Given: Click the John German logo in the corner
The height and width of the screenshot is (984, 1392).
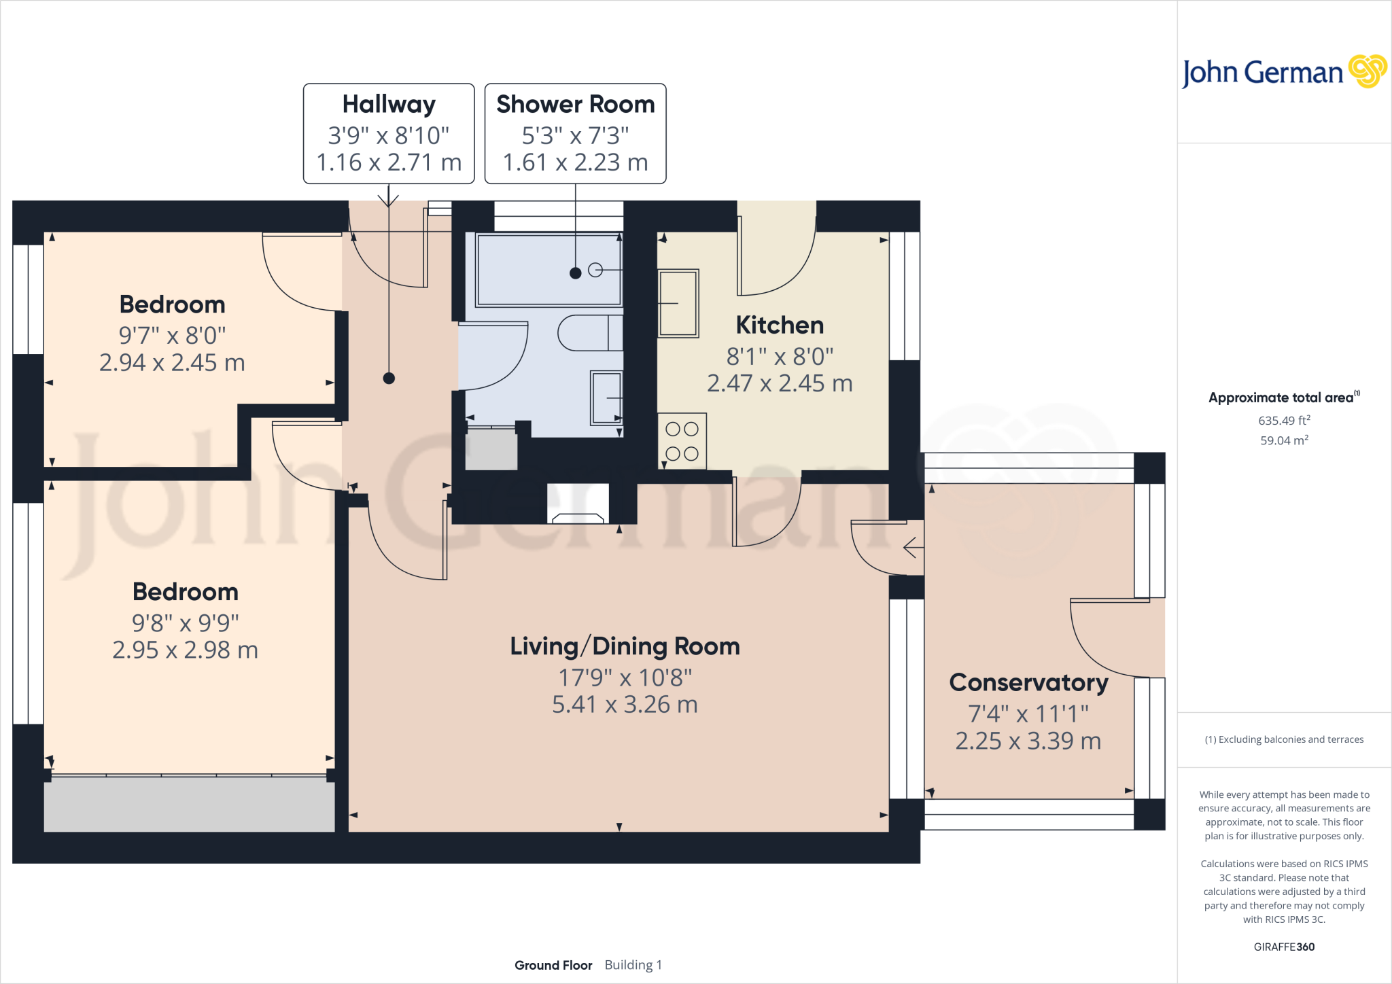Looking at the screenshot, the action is (x=1284, y=71).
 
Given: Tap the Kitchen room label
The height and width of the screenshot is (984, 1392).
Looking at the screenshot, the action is (x=780, y=325).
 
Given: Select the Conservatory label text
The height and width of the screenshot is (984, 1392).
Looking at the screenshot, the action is (x=1028, y=682).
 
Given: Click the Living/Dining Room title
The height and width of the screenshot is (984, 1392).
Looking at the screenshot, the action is (x=625, y=646).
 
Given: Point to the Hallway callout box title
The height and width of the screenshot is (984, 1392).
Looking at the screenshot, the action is (x=389, y=104).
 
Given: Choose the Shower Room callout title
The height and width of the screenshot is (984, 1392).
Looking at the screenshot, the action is (x=576, y=104).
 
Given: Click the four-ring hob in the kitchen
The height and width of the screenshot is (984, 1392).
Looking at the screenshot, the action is (x=682, y=441).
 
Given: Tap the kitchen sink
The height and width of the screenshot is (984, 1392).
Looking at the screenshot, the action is (x=678, y=303).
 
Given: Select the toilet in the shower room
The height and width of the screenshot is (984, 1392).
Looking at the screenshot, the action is (x=590, y=333).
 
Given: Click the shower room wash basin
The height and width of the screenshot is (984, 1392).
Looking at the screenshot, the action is (x=606, y=398).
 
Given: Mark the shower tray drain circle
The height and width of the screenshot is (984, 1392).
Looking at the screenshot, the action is (x=595, y=270).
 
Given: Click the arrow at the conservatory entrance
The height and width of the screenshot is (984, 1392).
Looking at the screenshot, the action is (x=913, y=547).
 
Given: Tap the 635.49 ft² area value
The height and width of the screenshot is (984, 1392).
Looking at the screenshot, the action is (x=1284, y=420).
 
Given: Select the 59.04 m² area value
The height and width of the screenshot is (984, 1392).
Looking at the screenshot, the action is (x=1284, y=440).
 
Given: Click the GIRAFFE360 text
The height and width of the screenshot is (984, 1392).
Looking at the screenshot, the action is (x=1284, y=947).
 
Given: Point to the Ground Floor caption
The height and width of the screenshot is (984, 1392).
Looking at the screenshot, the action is (x=553, y=965).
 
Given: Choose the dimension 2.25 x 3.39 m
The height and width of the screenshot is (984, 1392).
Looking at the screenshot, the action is (x=1028, y=741).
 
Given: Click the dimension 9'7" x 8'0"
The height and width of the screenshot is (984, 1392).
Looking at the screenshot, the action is (x=172, y=335).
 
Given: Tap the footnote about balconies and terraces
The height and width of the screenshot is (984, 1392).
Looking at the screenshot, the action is (x=1284, y=739).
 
